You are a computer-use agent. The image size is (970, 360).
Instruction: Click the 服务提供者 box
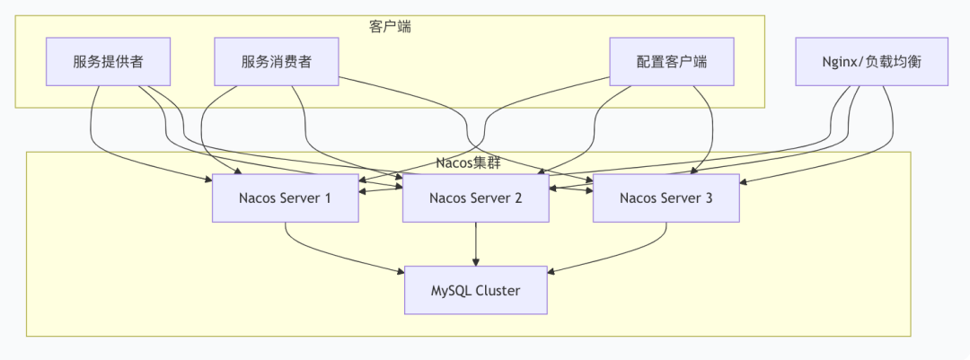click(x=108, y=62)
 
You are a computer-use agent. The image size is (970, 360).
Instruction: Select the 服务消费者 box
click(x=277, y=62)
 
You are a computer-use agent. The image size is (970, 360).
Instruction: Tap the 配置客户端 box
click(x=672, y=62)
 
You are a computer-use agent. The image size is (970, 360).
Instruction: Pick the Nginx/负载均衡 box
click(x=871, y=62)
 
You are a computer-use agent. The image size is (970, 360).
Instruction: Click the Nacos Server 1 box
click(x=286, y=198)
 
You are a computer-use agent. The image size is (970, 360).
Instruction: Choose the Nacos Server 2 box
click(x=475, y=198)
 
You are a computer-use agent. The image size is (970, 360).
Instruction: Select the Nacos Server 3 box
click(x=666, y=198)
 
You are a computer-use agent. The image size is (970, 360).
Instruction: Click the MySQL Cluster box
click(x=475, y=290)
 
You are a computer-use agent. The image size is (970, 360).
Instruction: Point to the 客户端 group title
click(x=390, y=26)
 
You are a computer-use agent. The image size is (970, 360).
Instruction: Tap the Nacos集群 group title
click(x=468, y=162)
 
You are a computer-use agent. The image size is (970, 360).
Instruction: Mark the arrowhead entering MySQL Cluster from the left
click(x=400, y=272)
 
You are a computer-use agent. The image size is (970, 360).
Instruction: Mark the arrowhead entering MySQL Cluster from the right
click(x=551, y=272)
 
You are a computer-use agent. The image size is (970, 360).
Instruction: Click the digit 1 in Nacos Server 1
click(x=328, y=198)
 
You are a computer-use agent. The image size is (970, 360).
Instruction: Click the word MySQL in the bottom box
click(x=450, y=290)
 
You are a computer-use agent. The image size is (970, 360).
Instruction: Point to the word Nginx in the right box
click(x=842, y=62)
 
